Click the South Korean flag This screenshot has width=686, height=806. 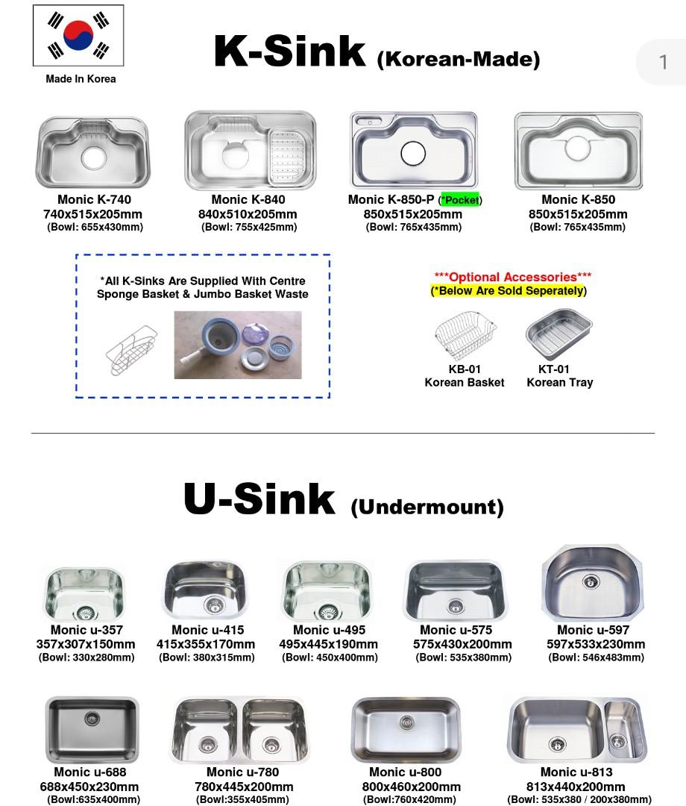[78, 36]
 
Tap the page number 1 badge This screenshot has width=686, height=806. [663, 61]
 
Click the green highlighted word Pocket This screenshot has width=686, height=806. [461, 200]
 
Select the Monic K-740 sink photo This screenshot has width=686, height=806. [92, 152]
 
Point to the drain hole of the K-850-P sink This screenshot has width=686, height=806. [412, 154]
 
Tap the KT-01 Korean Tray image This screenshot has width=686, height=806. [558, 334]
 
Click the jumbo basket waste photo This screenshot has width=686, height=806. [238, 345]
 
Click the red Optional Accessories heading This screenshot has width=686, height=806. [512, 278]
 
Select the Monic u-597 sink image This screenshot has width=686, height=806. [592, 584]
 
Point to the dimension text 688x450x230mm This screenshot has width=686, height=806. [89, 787]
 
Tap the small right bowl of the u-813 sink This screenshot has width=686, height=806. [619, 725]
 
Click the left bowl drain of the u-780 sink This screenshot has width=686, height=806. [208, 743]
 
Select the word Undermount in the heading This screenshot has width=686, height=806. [427, 507]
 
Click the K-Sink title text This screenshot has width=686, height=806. [290, 51]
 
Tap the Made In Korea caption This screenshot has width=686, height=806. [81, 79]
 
